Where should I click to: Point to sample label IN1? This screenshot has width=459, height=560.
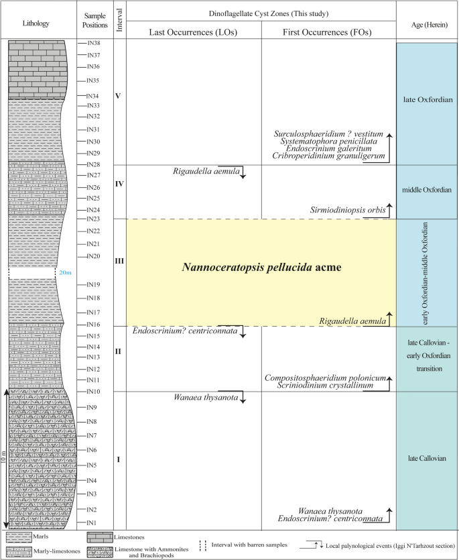92,523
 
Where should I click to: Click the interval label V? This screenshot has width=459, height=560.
118,96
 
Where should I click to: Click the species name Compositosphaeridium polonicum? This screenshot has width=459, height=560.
325,378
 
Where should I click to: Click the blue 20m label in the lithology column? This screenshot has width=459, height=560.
64,272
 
